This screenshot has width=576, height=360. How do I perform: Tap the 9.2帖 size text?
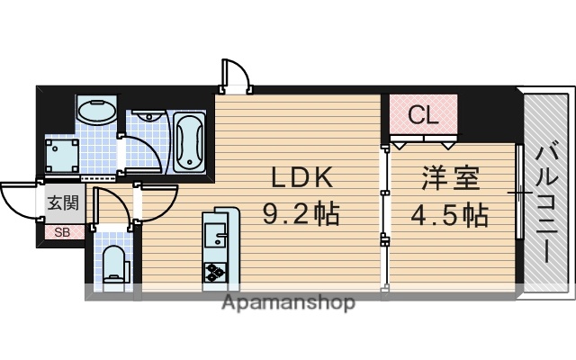(301, 214)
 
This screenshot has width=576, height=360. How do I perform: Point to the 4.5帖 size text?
(450, 214)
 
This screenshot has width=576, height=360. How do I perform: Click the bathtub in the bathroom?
(189, 141)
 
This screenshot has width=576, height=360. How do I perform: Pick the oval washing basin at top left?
(95, 113)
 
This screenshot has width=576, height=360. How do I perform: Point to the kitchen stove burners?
(217, 269)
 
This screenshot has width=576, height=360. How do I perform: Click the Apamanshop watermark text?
(288, 302)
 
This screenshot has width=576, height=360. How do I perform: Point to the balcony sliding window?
(519, 191)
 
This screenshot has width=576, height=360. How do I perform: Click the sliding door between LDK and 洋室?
(385, 216)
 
